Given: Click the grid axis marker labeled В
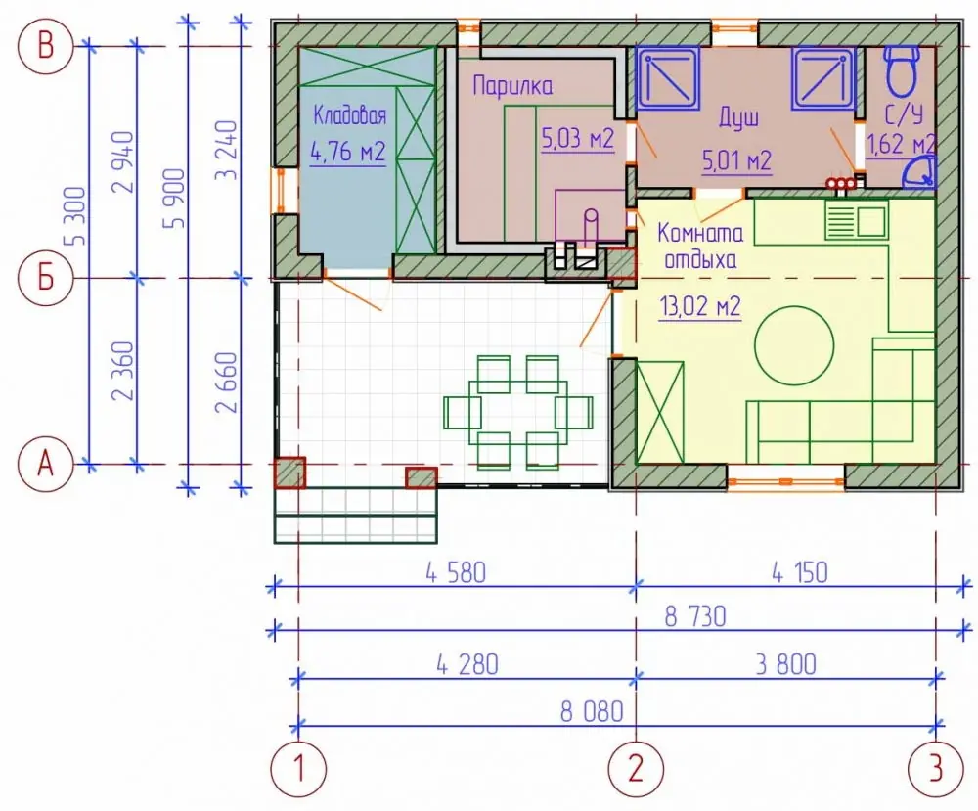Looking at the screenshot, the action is pos(46,47).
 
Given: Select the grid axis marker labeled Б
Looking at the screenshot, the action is pos(46,278).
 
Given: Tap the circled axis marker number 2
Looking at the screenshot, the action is pos(636,769).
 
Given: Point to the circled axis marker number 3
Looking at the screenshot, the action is pos(936,769).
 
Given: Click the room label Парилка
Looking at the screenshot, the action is pos(512,85).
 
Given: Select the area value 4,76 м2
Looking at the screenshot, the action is pos(347,152).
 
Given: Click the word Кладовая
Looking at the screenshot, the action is pos(349,115).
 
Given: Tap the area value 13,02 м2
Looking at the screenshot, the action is pos(700,307).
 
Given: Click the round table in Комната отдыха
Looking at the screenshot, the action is pos(794,345).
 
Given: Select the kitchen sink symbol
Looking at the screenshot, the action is pos(857,219).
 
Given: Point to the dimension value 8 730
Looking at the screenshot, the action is pos(695,617).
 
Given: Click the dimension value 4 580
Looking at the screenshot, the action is pos(456,572).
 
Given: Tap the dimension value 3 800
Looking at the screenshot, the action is pos(786,664).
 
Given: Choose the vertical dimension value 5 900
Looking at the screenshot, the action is pos(175,199).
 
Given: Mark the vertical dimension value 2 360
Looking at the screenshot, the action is pos(122,371).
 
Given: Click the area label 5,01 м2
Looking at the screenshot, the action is pos(736,161).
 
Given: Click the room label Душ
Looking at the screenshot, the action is pos(739,117).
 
